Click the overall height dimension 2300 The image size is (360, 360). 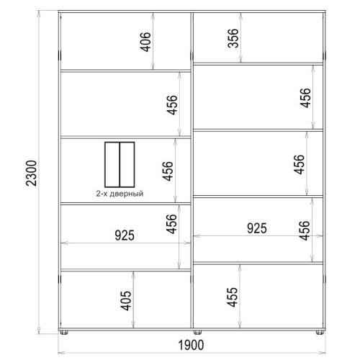tap(32, 173)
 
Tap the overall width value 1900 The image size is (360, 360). tap(191, 345)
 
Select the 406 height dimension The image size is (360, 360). tap(145, 42)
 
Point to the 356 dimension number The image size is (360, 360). tap(233, 38)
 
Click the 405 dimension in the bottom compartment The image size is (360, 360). tap(126, 301)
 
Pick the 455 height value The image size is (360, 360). tap(233, 297)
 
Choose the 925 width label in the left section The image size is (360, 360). tap(125, 235)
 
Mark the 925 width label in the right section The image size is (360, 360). tap(257, 228)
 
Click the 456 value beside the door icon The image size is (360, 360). tap(168, 171)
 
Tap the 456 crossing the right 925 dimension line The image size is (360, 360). tap(305, 230)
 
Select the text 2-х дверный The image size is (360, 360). tap(120, 194)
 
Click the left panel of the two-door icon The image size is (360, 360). tap(112, 165)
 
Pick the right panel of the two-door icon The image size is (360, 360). tap(127, 165)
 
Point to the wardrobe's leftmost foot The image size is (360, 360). tap(63, 333)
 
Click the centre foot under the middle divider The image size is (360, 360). tap(197, 333)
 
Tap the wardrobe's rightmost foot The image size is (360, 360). tap(320, 333)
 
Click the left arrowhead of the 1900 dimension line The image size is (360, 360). tap(62, 353)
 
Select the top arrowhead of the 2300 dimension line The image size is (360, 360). tap(38, 14)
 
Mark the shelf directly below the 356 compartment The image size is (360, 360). tap(258, 64)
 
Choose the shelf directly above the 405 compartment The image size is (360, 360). tap(126, 270)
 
